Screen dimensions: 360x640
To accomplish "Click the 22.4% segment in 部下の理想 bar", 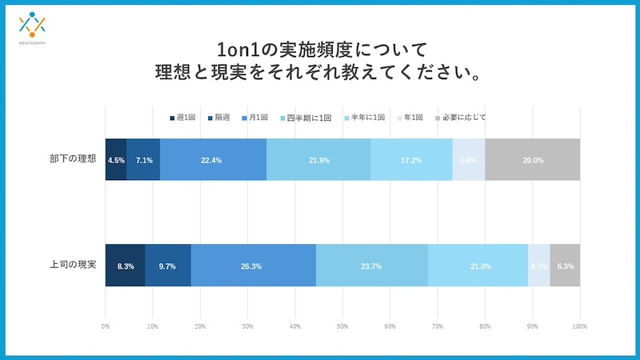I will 212,160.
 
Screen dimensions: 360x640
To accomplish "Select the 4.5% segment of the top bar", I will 116,160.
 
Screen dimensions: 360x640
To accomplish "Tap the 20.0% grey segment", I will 533,160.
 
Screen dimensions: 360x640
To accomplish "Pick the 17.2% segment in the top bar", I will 411,160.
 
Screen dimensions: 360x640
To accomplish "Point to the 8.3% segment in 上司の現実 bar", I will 125,266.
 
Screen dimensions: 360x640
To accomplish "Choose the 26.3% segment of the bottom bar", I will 253,266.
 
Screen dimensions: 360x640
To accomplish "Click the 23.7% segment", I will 372,266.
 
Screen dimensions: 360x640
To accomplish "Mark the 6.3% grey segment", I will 565,266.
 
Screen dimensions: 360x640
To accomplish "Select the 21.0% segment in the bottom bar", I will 478,266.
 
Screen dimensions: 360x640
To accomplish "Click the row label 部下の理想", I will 72,159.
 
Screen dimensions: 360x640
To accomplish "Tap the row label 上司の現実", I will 72,265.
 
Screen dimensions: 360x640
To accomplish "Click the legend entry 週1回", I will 182,118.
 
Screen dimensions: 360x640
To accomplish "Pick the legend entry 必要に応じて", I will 461,118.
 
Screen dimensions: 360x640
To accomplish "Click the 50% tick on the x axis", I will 342,326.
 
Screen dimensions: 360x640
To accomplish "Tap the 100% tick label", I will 580,326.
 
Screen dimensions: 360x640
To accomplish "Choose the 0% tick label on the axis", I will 106,326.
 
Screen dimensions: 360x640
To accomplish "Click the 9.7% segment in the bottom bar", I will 167,266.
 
